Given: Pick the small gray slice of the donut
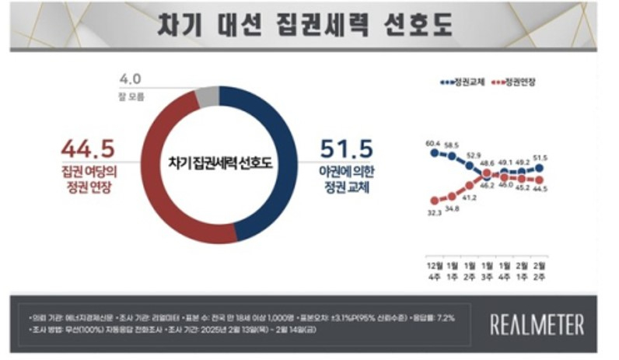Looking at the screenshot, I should [x=205, y=96].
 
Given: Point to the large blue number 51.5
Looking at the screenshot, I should [x=347, y=148].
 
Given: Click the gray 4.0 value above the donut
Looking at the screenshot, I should [x=130, y=78].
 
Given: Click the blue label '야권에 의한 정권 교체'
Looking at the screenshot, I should [x=347, y=179].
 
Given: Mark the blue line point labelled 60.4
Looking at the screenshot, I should [x=435, y=153].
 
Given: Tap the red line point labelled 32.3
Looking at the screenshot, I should [x=435, y=200].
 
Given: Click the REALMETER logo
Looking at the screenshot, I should [x=537, y=323].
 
